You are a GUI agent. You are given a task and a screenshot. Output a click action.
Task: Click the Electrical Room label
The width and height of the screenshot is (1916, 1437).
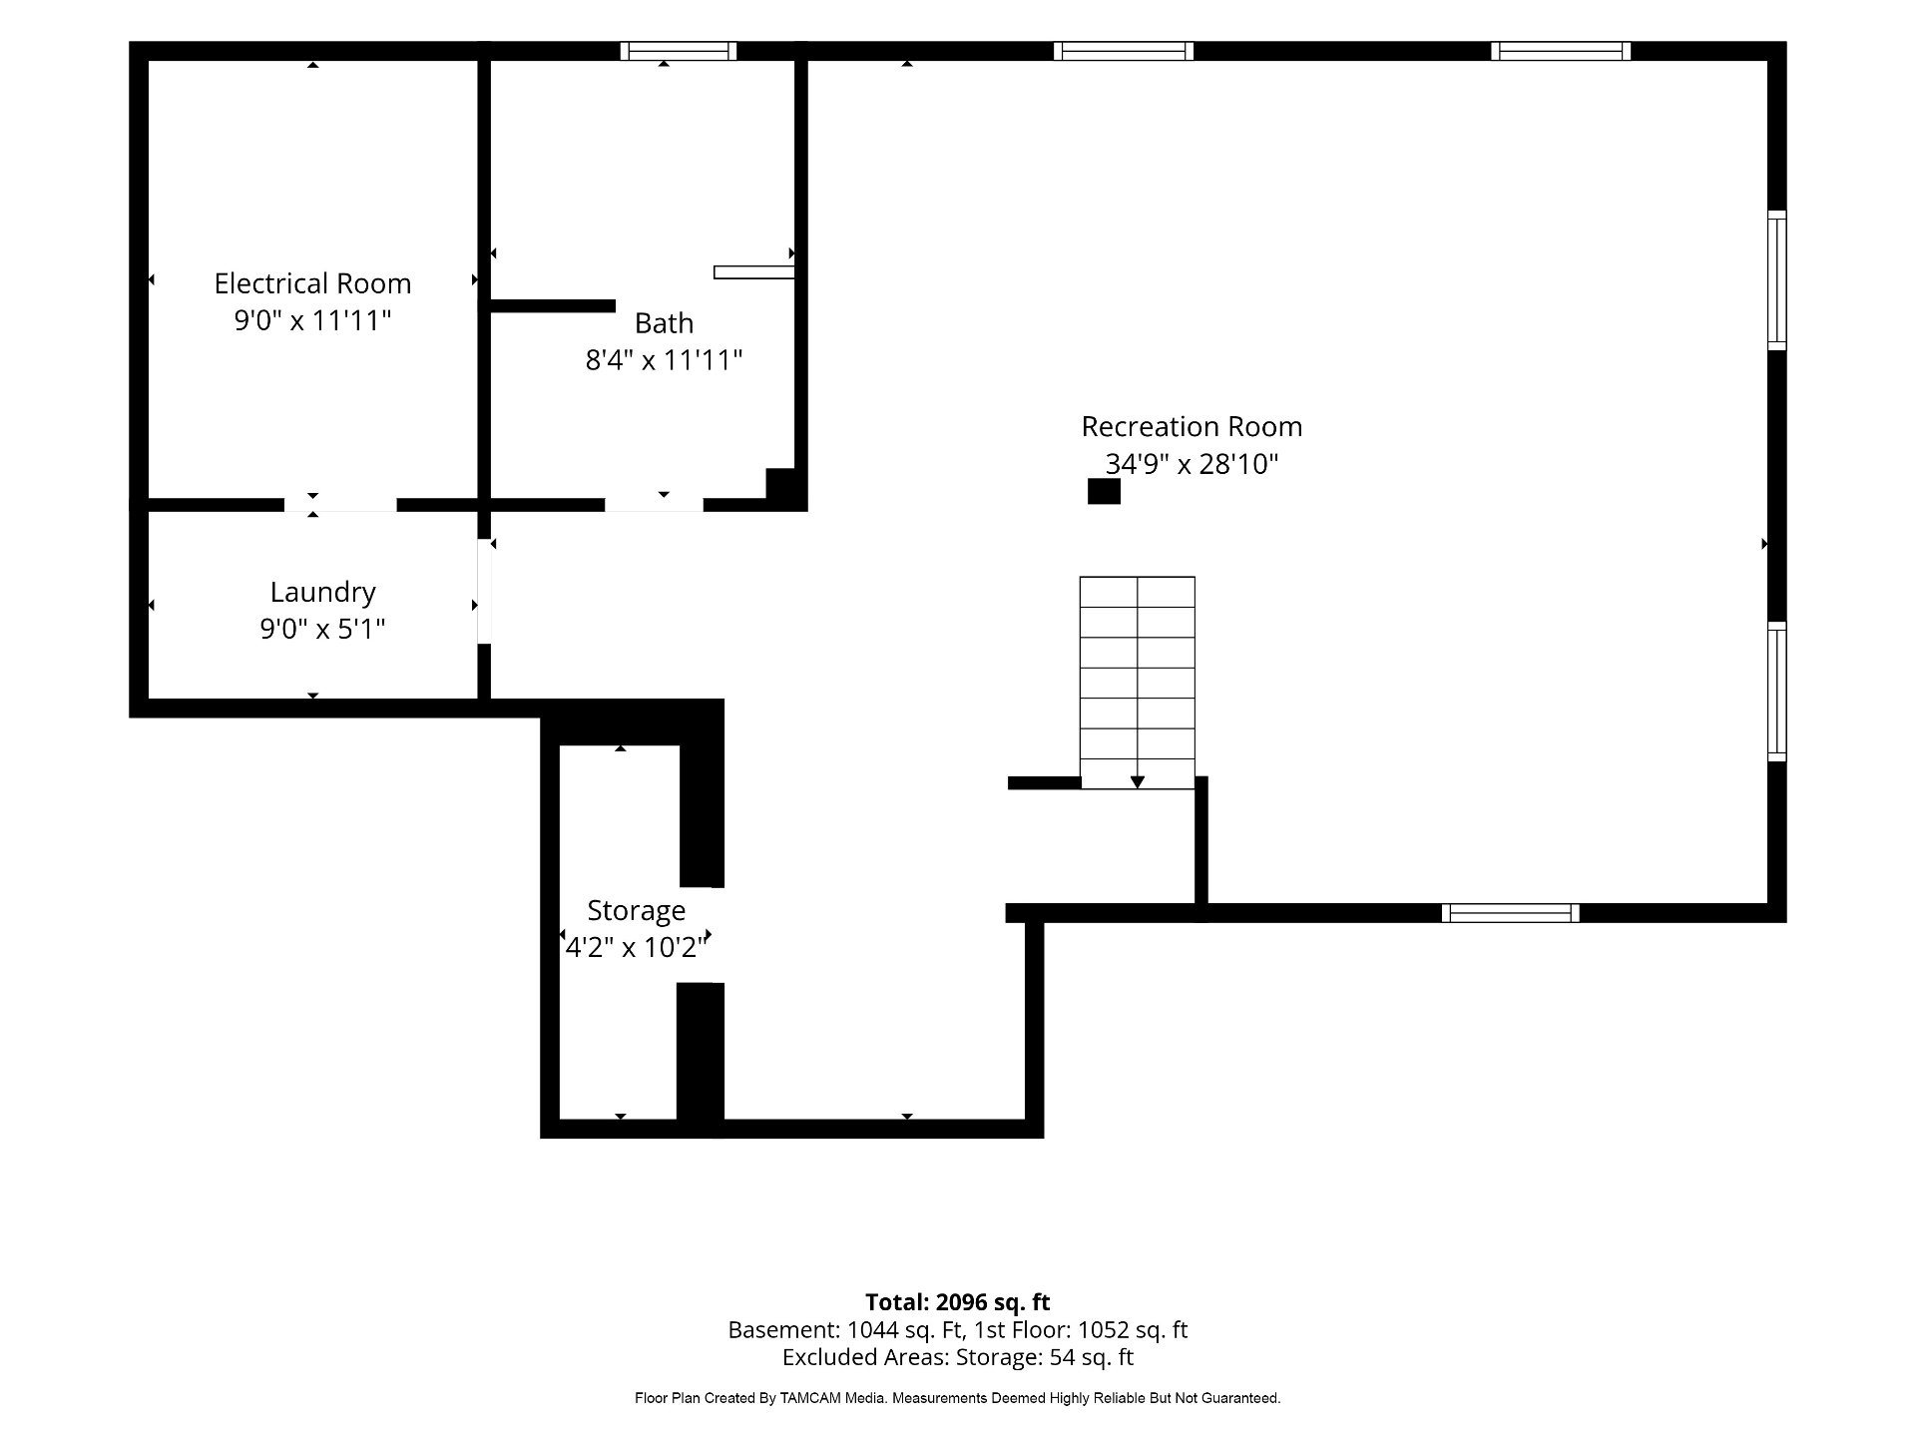[x=312, y=283]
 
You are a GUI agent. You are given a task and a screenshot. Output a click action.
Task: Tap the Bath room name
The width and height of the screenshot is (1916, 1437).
[x=664, y=323]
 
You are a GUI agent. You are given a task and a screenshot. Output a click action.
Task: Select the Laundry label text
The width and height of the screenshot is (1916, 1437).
[x=322, y=593]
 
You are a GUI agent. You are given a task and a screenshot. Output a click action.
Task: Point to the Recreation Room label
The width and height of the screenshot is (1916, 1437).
[x=1192, y=427]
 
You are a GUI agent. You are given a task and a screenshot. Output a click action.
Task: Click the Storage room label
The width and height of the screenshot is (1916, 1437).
[x=636, y=911]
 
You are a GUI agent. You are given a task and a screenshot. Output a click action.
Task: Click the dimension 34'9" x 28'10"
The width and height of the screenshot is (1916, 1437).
[x=1192, y=464]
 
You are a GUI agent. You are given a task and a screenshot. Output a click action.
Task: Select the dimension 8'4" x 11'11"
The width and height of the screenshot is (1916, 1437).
[x=664, y=359]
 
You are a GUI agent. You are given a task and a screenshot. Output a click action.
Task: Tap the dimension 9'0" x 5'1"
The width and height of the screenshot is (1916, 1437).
[x=322, y=629]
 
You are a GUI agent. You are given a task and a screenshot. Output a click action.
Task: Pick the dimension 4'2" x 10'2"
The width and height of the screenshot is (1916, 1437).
[x=636, y=947]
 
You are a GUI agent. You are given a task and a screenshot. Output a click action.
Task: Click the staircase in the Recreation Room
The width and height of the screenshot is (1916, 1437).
[x=1138, y=683]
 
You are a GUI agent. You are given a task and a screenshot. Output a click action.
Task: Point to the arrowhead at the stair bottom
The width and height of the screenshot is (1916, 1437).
[x=1138, y=782]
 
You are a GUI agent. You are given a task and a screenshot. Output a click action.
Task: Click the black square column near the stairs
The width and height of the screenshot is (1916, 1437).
[x=1104, y=492]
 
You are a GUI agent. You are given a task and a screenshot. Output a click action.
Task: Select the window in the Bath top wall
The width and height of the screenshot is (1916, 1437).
[x=679, y=51]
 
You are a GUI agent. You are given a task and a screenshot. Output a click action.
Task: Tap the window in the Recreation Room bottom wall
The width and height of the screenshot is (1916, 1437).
[x=1511, y=913]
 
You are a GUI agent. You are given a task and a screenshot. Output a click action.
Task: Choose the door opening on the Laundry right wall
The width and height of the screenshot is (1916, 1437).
[x=484, y=592]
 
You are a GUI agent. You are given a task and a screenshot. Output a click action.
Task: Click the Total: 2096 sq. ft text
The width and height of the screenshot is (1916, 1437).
[x=958, y=1302]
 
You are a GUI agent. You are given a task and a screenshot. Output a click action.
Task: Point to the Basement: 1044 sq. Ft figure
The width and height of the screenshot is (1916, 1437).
[x=846, y=1330]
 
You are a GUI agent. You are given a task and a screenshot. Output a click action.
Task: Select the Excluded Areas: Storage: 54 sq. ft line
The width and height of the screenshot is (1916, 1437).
[x=958, y=1357]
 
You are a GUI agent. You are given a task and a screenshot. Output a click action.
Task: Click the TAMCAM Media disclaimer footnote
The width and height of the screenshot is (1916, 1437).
[x=958, y=1399]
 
